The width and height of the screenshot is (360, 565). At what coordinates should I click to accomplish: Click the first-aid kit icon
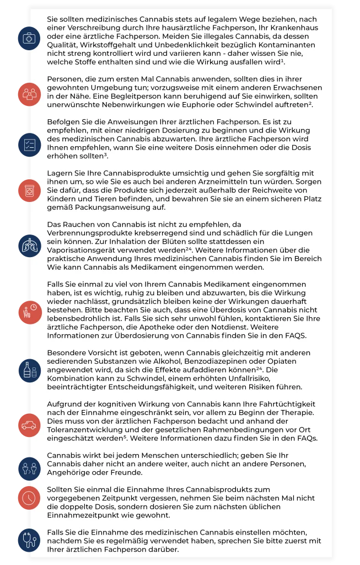(28, 39)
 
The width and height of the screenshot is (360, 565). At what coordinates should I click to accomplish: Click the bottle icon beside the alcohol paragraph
(28, 370)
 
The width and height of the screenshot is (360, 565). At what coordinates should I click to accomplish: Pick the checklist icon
(28, 144)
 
